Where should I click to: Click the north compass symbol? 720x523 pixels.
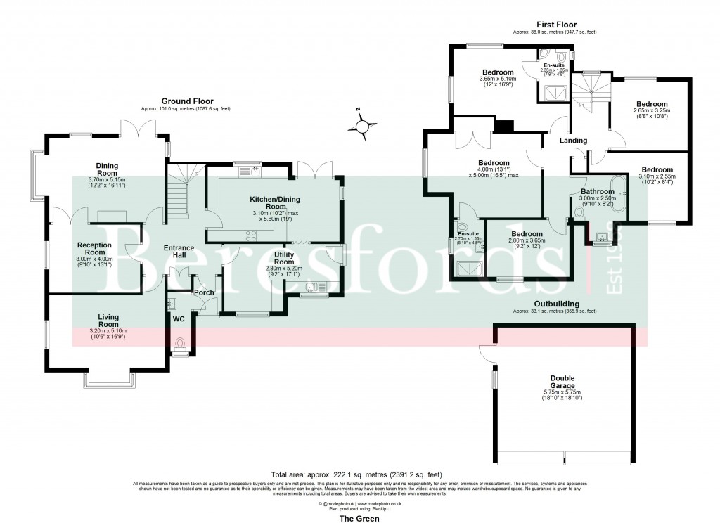tap(362, 127)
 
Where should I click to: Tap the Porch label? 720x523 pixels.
tap(204, 292)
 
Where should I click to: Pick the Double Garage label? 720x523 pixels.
tap(562, 381)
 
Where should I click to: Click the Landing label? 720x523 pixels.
tap(573, 141)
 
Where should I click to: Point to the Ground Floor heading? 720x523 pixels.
tap(187, 101)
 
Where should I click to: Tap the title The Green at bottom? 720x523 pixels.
tap(359, 519)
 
